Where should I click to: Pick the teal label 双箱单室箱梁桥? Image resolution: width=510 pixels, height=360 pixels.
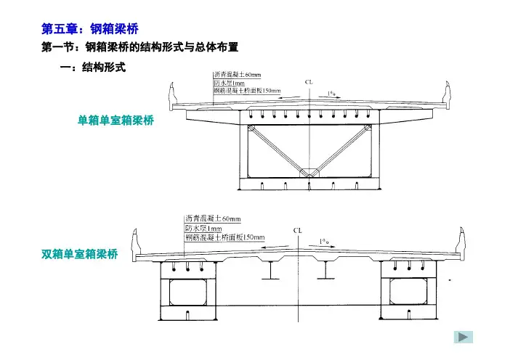(79, 253)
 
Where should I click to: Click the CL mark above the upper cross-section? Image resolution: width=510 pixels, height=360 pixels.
(309, 83)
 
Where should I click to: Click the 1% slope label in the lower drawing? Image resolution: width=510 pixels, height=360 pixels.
(328, 242)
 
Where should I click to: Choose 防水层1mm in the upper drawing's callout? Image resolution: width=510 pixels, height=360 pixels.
(230, 83)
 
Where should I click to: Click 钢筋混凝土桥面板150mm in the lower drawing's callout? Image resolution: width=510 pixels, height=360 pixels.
(225, 237)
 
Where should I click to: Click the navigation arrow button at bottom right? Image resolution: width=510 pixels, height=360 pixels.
(463, 337)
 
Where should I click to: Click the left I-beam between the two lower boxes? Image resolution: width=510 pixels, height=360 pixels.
(270, 271)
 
